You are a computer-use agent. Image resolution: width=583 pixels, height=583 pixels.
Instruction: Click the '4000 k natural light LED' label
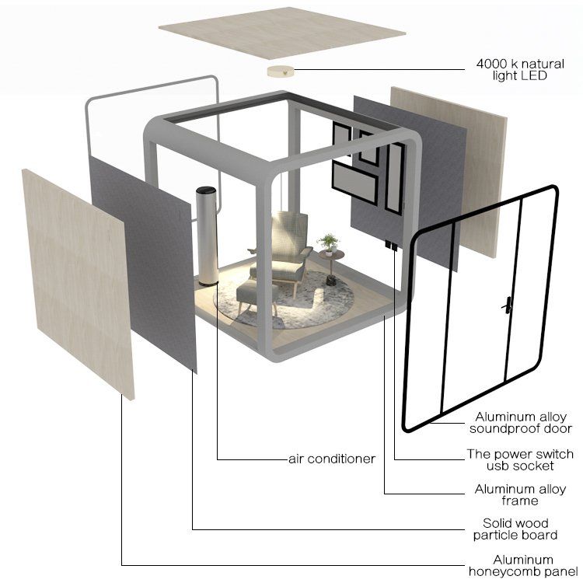click(520, 69)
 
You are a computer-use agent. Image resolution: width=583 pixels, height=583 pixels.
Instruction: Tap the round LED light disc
click(280, 72)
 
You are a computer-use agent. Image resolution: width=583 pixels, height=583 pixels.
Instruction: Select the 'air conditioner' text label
click(332, 459)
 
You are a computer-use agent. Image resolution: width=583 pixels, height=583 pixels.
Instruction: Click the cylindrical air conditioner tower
click(207, 236)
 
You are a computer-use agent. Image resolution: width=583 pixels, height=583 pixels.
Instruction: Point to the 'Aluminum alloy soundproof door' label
click(520, 422)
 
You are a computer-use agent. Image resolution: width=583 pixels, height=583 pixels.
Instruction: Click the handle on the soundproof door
click(508, 305)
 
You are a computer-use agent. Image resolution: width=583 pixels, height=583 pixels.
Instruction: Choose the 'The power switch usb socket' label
click(520, 459)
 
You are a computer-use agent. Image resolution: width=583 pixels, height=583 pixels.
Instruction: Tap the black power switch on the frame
click(391, 246)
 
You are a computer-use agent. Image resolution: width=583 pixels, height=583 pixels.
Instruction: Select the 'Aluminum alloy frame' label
click(520, 494)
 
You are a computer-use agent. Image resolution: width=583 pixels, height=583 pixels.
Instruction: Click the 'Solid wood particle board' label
click(515, 529)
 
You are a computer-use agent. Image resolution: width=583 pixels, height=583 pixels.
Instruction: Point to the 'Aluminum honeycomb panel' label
click(523, 566)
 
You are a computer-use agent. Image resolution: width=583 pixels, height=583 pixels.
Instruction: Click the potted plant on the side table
click(328, 244)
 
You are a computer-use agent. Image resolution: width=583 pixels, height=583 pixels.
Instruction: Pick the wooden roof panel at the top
click(282, 33)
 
